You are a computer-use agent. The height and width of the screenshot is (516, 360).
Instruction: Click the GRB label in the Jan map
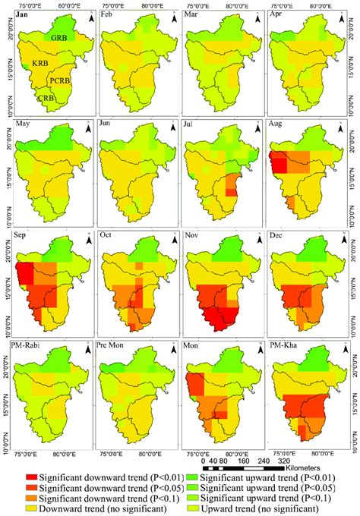tap(60, 38)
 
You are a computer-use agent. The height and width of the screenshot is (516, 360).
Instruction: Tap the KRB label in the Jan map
tap(39, 66)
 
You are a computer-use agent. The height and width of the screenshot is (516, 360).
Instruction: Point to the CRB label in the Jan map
tap(46, 96)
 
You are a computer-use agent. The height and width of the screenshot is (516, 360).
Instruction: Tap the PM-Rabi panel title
tap(28, 346)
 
